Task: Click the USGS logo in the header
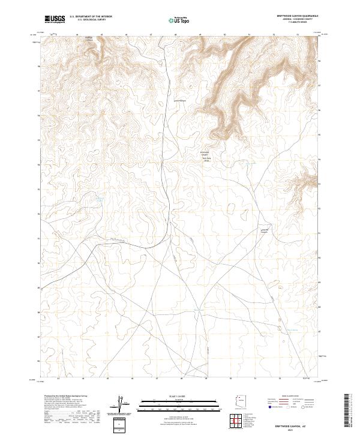tap(55, 19)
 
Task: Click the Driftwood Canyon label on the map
tap(206, 154)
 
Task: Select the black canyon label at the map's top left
tap(88, 40)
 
